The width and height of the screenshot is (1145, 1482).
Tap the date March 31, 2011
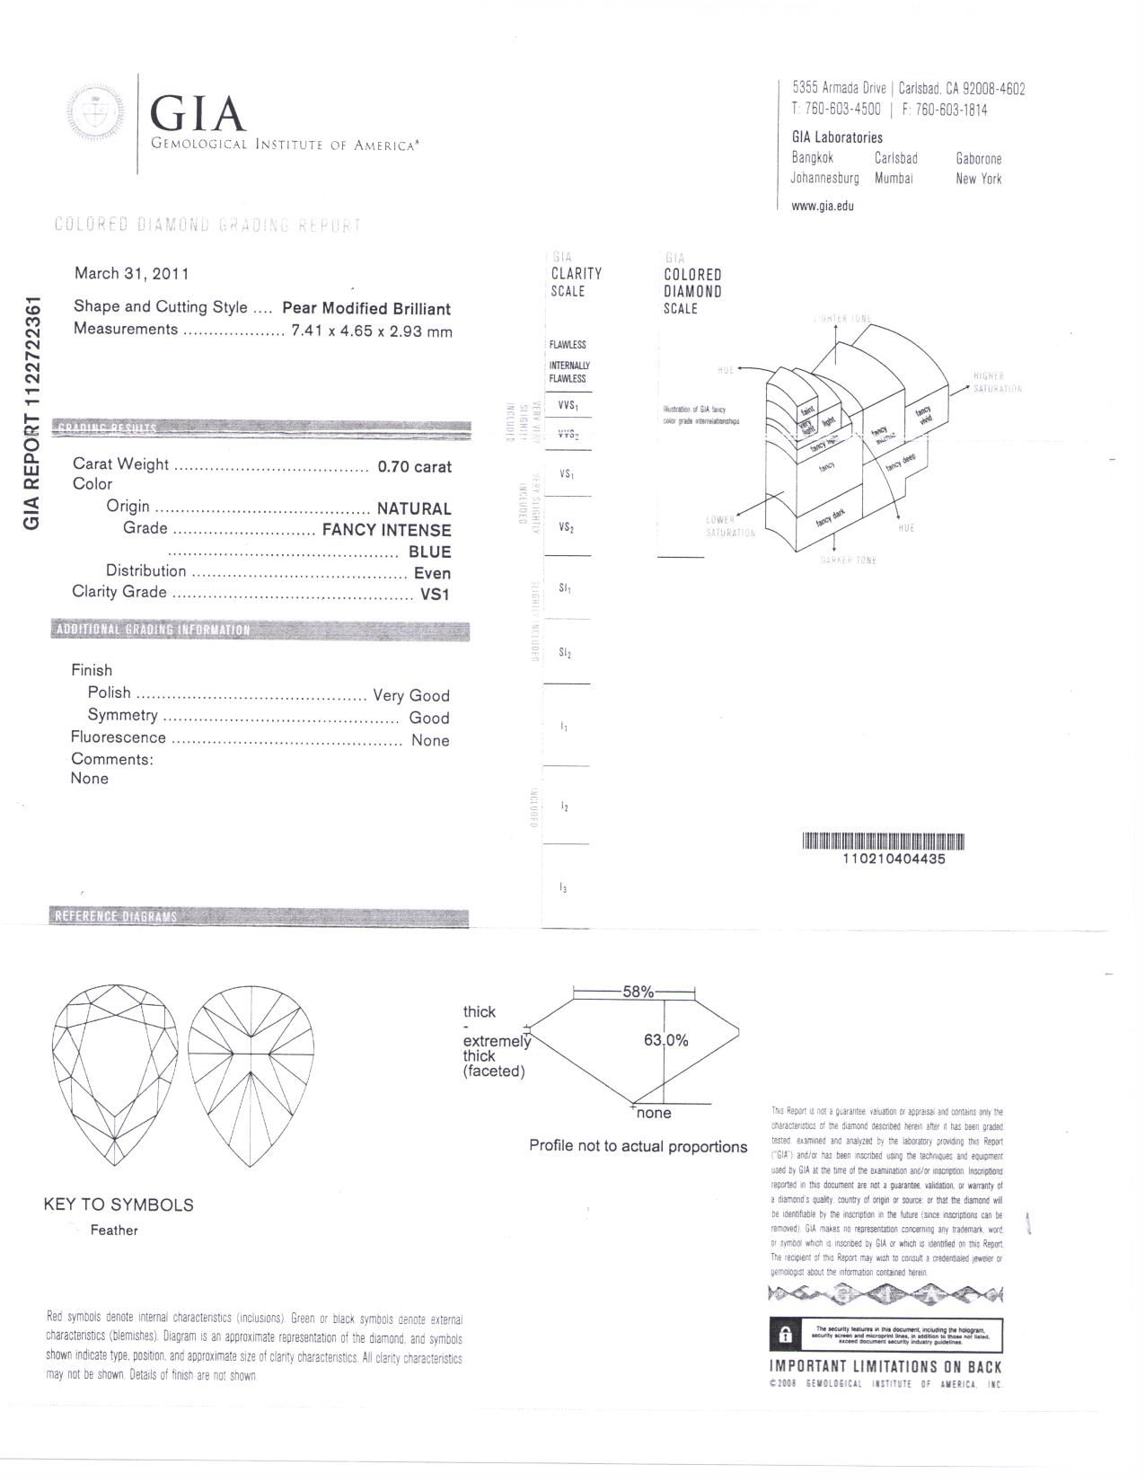click(x=131, y=273)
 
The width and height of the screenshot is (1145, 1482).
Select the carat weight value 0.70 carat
click(x=414, y=466)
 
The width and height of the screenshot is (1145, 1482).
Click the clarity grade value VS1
click(x=435, y=594)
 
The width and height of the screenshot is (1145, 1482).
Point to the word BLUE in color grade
click(x=429, y=551)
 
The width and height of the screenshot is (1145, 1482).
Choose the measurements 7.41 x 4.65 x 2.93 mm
click(x=372, y=331)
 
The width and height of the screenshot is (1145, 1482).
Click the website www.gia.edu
click(x=822, y=206)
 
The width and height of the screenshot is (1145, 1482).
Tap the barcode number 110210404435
click(x=894, y=859)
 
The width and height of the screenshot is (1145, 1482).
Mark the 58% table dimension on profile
click(x=638, y=992)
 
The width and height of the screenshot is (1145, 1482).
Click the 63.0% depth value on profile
click(x=665, y=1040)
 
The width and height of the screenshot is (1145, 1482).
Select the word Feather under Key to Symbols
click(x=114, y=1231)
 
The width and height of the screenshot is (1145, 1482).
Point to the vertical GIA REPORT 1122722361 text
click(x=32, y=412)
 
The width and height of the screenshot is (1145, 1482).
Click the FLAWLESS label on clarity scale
click(x=568, y=345)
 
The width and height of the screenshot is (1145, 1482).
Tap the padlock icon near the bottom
click(x=785, y=1335)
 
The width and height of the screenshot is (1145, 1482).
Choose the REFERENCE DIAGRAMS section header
click(x=117, y=916)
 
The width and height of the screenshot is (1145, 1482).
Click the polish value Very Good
click(x=411, y=695)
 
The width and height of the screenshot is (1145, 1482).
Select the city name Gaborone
click(x=979, y=159)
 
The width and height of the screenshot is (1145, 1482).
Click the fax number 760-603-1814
click(x=951, y=110)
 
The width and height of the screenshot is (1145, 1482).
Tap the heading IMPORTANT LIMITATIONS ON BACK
click(x=885, y=1366)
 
